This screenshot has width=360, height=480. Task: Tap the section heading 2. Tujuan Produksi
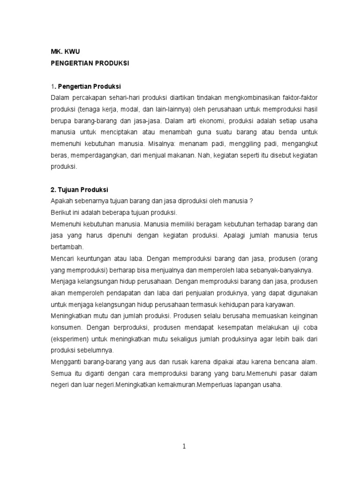(79, 190)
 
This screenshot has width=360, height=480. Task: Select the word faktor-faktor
(293, 97)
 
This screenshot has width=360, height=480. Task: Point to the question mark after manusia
(252, 201)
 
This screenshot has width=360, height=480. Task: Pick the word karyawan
(279, 304)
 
